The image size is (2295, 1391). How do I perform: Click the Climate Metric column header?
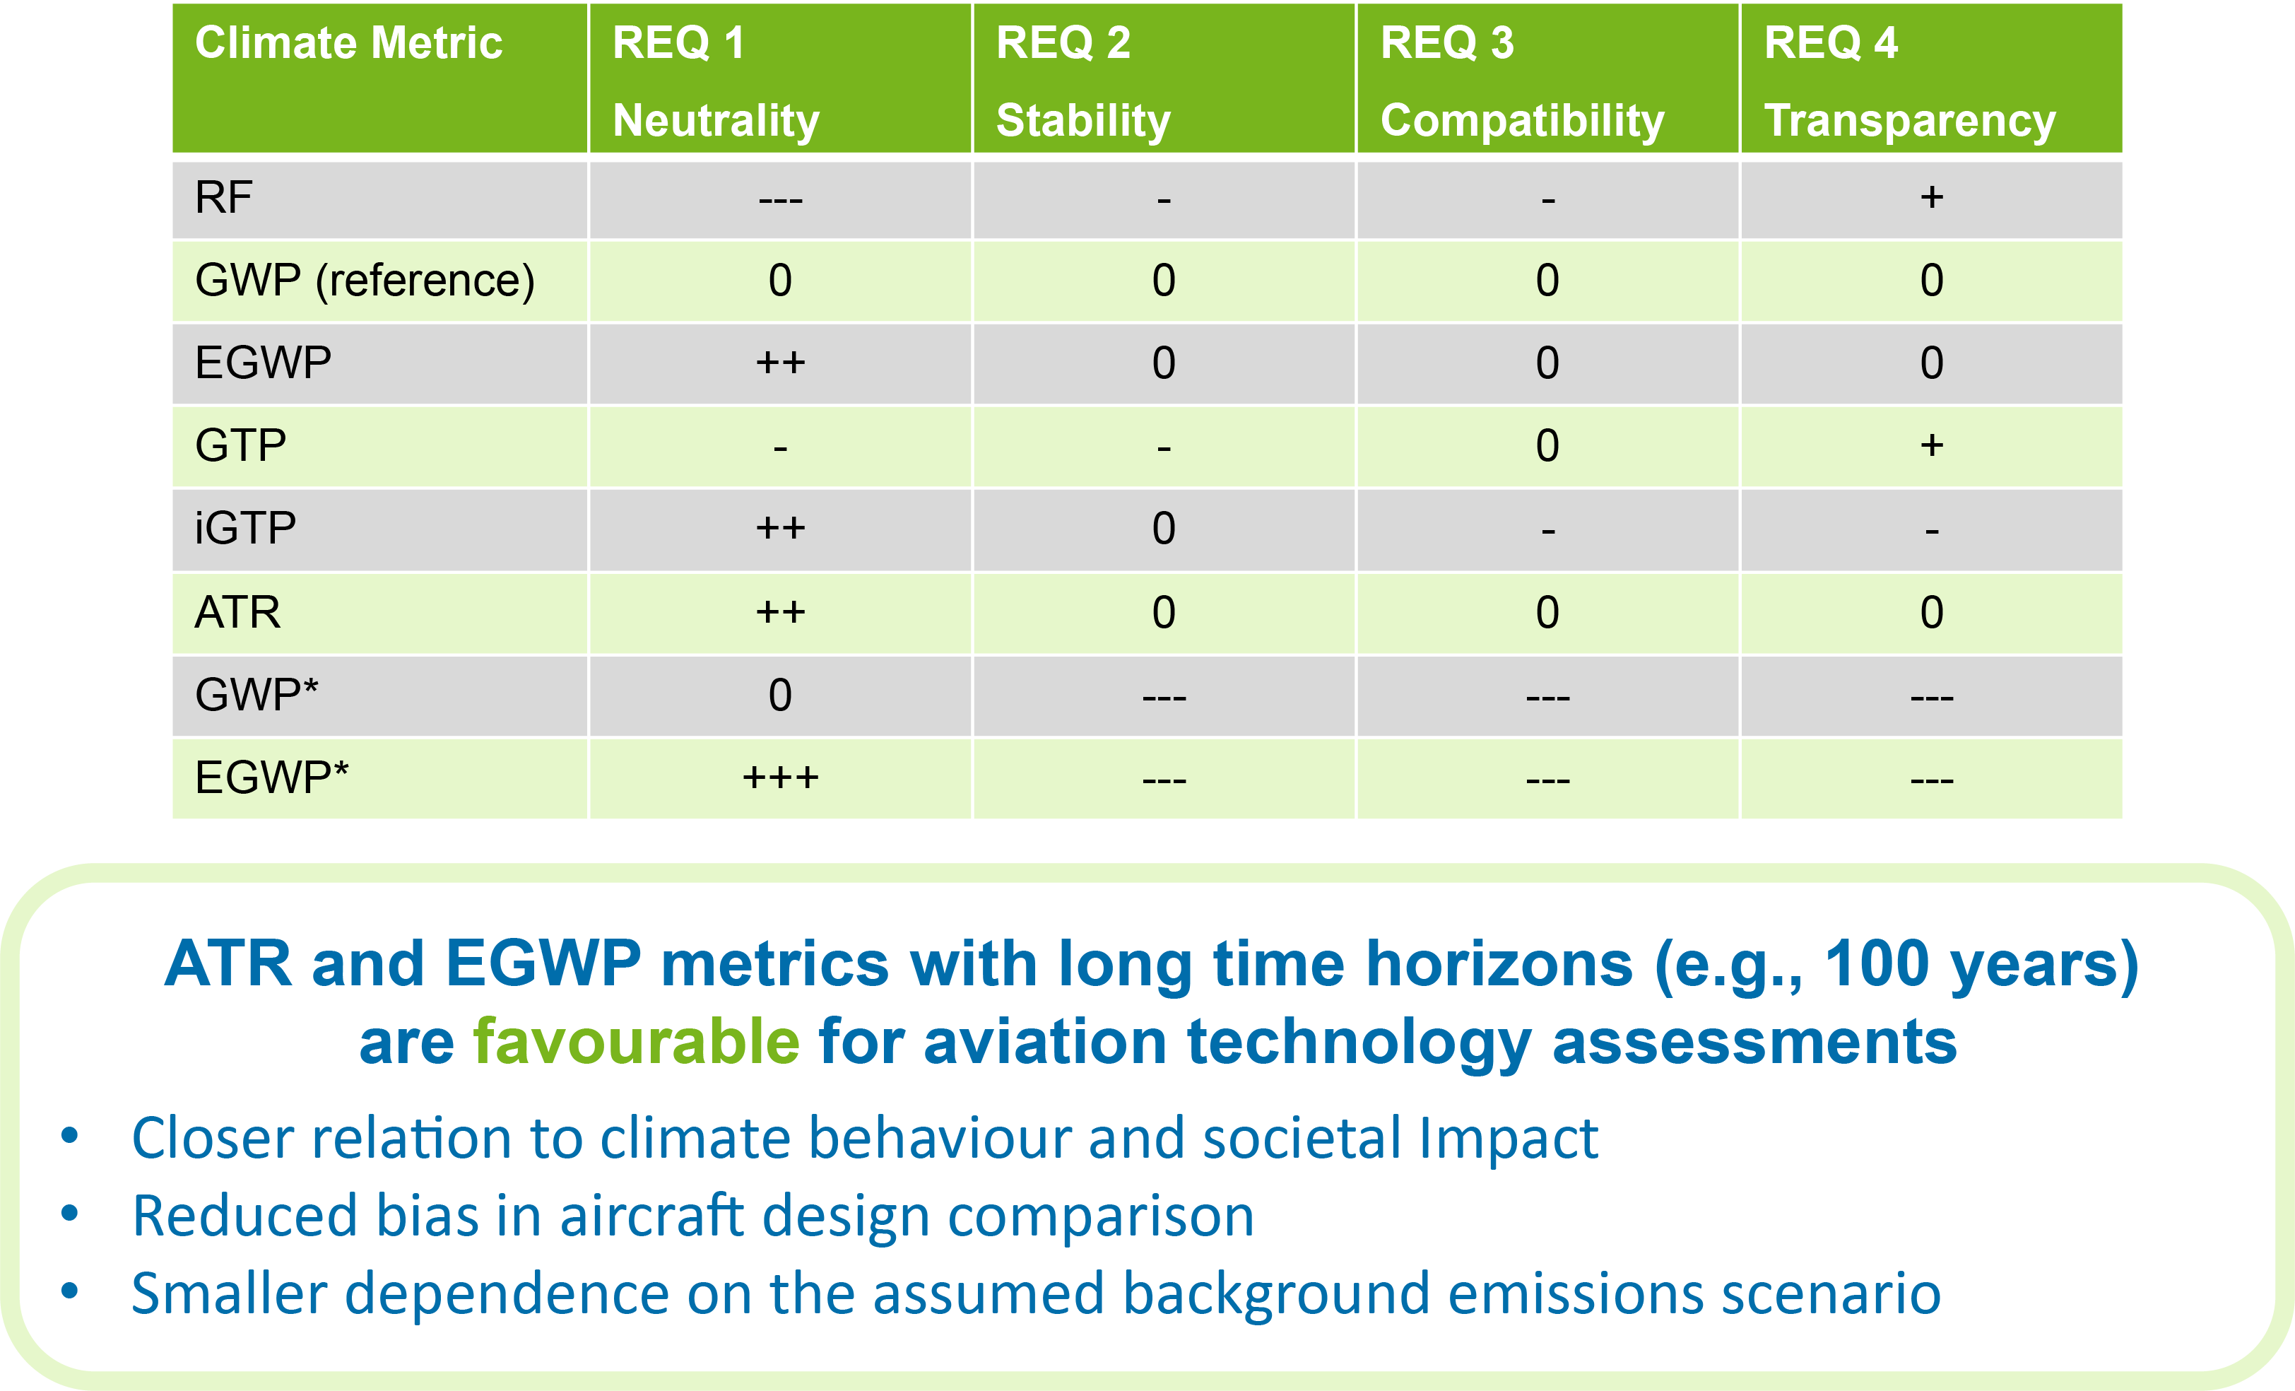(x=348, y=44)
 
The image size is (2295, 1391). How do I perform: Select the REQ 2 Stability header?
(x=1082, y=81)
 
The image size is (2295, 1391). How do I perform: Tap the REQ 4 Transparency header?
(x=1909, y=81)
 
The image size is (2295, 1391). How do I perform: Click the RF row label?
(x=223, y=197)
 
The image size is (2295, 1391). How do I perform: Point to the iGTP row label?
(x=245, y=528)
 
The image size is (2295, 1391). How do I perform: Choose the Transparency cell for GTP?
(x=1931, y=445)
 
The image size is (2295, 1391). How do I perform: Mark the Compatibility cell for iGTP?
(x=1547, y=530)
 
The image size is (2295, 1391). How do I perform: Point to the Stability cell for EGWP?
(x=1163, y=363)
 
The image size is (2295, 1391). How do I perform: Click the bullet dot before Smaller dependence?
(x=70, y=1291)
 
